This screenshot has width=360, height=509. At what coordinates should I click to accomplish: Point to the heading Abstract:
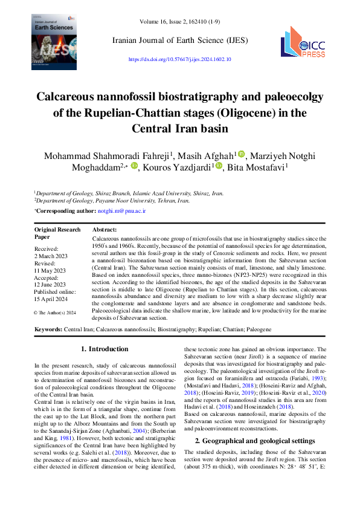pyautogui.click(x=104, y=230)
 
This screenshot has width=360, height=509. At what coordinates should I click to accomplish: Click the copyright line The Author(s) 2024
pyautogui.click(x=55, y=313)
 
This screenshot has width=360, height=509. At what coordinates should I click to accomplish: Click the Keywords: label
pyautogui.click(x=48, y=329)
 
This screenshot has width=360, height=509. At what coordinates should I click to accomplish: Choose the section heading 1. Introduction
pyautogui.click(x=104, y=349)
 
